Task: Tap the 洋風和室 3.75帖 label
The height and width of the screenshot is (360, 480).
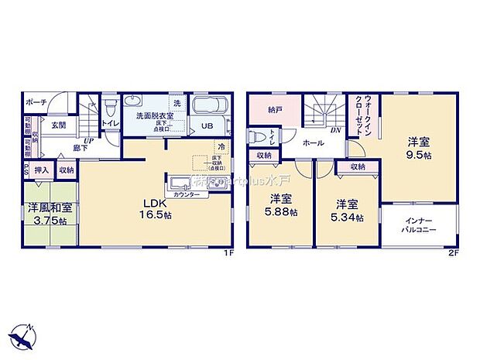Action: (51, 213)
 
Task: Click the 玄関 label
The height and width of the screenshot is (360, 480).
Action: (58, 125)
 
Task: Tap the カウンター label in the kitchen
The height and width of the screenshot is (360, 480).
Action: (186, 195)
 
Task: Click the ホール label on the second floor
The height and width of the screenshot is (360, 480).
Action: (314, 143)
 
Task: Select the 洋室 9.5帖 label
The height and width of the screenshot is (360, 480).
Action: (420, 148)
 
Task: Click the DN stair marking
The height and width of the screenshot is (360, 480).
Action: (335, 131)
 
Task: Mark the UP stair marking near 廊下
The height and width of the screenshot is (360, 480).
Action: (90, 141)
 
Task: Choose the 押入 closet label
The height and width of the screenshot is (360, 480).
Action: (42, 170)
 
